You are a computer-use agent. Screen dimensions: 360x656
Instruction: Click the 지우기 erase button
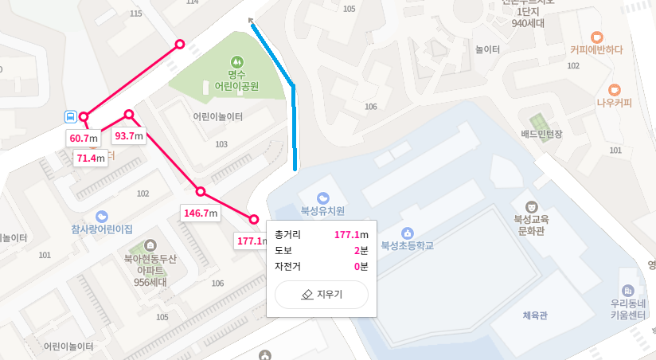click(x=322, y=295)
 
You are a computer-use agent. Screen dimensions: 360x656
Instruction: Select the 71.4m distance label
click(x=91, y=158)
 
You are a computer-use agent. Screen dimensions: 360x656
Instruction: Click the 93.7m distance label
click(x=128, y=135)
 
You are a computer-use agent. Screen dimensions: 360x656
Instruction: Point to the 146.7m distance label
click(x=200, y=213)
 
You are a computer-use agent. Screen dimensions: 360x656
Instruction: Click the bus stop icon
click(x=71, y=117)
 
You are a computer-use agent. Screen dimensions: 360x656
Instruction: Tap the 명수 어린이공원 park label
click(x=236, y=80)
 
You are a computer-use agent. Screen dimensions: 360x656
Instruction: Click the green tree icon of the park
click(x=236, y=61)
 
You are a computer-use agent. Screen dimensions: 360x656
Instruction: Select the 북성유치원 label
click(x=322, y=212)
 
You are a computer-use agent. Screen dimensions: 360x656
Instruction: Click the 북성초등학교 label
click(x=408, y=245)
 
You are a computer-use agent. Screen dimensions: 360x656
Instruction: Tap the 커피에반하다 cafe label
click(x=596, y=49)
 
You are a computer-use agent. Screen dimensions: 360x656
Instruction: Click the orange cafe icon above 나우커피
click(x=614, y=89)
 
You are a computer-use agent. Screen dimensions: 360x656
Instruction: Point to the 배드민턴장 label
click(x=541, y=134)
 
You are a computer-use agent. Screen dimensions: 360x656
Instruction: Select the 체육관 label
click(x=535, y=315)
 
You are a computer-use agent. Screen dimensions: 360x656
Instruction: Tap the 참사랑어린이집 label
click(x=102, y=229)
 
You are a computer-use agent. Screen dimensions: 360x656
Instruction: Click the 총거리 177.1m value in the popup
click(x=351, y=235)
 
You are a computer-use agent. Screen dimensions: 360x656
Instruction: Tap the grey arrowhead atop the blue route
click(x=252, y=22)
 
